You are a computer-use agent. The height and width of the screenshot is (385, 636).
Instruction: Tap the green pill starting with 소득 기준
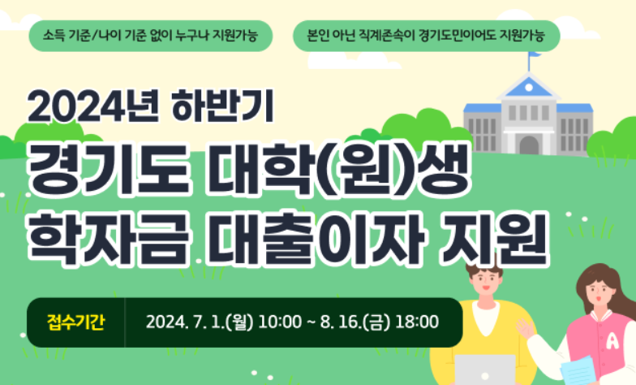click(x=150, y=37)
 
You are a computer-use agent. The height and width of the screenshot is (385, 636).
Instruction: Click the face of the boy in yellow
click(x=487, y=288)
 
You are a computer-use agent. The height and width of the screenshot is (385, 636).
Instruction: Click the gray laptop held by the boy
click(x=484, y=369)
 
